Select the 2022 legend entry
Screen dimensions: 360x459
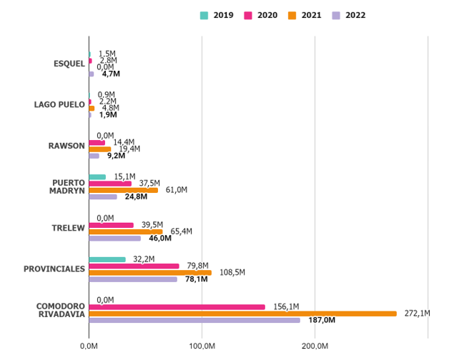coord(349,15)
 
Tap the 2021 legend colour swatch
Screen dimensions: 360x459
coord(292,15)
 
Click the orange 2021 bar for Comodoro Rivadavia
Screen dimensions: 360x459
coord(242,314)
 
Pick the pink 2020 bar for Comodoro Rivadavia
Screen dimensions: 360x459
coord(177,307)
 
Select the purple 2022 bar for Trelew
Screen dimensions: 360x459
coord(114,238)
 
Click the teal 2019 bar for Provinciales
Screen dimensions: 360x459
coord(107,259)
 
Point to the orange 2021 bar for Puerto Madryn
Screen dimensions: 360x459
coord(123,190)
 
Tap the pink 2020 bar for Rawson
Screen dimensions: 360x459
coord(97,142)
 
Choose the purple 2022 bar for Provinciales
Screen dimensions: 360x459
coord(133,279)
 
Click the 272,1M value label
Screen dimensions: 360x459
coord(418,314)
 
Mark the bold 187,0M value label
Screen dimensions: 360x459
coord(321,321)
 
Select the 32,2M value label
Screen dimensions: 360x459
coord(144,259)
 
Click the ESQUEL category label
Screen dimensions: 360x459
coord(69,64)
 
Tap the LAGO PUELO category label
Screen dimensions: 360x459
coord(59,105)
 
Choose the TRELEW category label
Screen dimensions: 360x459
coord(69,229)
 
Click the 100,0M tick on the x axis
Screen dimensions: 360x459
coord(203,346)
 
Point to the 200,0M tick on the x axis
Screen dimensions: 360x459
coord(315,346)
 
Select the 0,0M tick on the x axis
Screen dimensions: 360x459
coord(89,346)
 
